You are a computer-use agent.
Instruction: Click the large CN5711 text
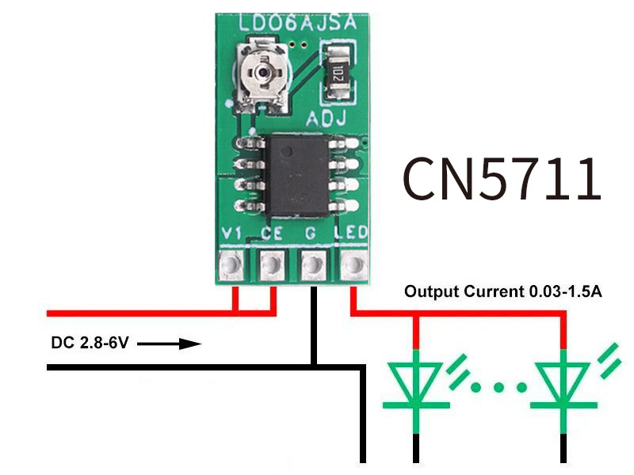pyautogui.click(x=502, y=178)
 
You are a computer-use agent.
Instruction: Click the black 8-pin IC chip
pyautogui.click(x=297, y=176)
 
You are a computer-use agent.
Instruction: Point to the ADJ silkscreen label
pyautogui.click(x=326, y=120)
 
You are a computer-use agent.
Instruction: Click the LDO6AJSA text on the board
pyautogui.click(x=296, y=23)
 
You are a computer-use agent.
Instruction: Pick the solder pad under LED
pyautogui.click(x=353, y=263)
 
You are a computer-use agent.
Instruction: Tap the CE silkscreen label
pyautogui.click(x=272, y=234)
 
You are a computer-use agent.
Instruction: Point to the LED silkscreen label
pyautogui.click(x=352, y=234)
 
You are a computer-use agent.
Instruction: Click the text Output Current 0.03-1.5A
pyautogui.click(x=504, y=291)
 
